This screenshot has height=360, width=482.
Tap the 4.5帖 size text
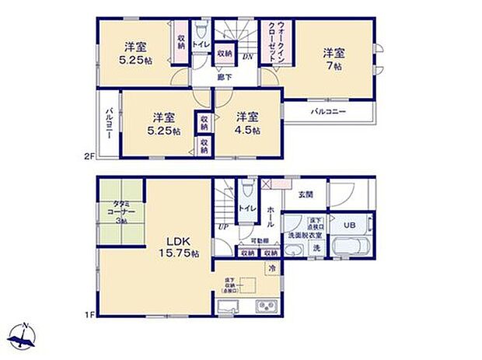click(246, 131)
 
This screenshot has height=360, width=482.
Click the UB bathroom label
click(350, 225)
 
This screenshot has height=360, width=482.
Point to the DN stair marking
click(246, 58)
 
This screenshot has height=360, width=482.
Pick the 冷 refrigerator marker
click(272, 267)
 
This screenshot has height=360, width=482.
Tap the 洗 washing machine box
click(316, 248)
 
